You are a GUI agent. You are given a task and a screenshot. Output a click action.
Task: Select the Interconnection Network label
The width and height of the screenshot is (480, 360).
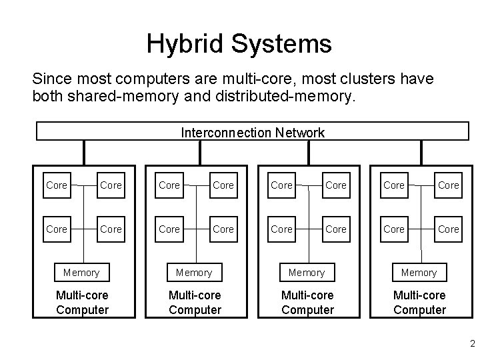tap(253, 132)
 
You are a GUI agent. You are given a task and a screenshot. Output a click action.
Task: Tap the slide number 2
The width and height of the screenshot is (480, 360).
tap(472, 345)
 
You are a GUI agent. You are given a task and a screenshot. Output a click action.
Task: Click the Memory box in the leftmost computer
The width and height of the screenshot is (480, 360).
tap(81, 273)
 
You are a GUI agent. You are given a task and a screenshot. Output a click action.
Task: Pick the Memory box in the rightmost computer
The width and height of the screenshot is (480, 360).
tap(419, 273)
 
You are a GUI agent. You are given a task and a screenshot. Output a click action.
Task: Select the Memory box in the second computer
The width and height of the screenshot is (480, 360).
tap(193, 273)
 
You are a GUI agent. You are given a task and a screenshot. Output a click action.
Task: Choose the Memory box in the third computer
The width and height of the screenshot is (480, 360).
tap(306, 273)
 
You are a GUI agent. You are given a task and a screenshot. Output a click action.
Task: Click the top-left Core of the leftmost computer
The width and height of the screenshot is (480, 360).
tap(57, 185)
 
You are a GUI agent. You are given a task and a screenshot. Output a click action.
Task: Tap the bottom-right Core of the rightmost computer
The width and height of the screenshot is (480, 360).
tap(448, 229)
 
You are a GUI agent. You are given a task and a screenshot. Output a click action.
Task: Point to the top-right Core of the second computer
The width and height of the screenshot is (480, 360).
tap(223, 185)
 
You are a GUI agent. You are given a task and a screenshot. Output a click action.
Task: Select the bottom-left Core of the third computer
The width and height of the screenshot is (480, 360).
tap(281, 229)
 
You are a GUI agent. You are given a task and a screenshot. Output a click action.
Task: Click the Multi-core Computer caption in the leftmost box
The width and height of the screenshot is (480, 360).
tap(82, 303)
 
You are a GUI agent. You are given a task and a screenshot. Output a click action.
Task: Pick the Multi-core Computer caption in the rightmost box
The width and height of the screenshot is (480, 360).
tap(419, 303)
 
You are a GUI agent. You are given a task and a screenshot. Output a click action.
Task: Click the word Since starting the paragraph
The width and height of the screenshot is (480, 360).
tap(49, 79)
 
